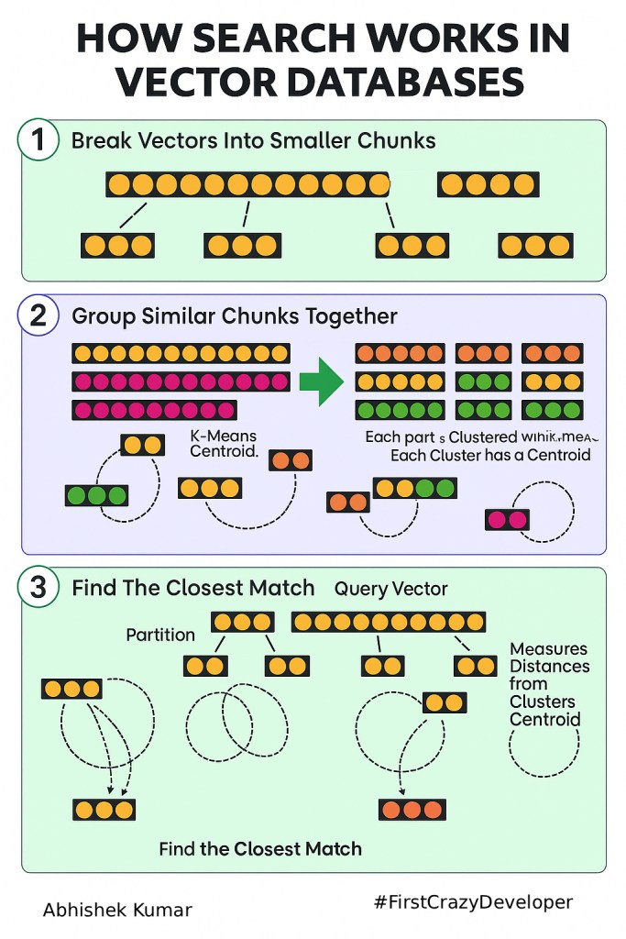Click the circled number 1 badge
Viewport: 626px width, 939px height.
38,141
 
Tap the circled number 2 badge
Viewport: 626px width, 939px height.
38,315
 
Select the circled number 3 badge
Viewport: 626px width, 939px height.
38,588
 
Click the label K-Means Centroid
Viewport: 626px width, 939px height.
224,444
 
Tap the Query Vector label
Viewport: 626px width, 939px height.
391,589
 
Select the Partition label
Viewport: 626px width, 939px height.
160,635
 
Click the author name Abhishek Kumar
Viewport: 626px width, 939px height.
117,910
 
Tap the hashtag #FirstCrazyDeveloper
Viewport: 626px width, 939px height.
473,902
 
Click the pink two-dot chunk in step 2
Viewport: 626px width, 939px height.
507,520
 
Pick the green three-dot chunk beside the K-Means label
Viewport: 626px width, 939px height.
95,496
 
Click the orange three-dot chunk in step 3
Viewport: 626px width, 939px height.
412,810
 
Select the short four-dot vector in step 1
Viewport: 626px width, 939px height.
487,185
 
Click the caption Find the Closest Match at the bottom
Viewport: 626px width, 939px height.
260,848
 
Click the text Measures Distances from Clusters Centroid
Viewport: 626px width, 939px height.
549,684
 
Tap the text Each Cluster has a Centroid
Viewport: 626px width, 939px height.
490,455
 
